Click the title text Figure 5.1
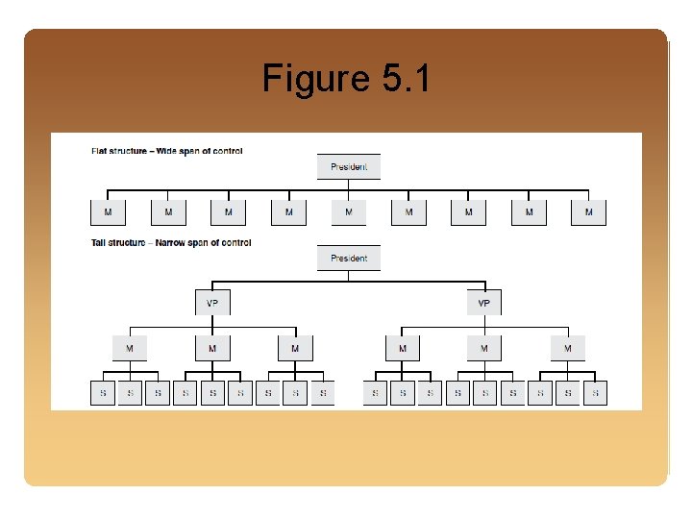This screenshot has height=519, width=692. click(x=346, y=78)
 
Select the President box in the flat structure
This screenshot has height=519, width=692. click(x=349, y=166)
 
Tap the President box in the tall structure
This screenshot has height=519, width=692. click(x=349, y=258)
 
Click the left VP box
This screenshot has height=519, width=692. click(x=212, y=303)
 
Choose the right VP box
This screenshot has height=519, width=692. click(x=483, y=303)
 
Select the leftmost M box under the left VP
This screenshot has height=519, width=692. click(x=130, y=348)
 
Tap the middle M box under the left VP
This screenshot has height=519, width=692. click(x=212, y=348)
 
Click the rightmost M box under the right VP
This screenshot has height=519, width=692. click(x=567, y=348)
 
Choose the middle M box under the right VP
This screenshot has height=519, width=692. click(x=484, y=348)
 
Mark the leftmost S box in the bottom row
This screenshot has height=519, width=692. click(x=103, y=393)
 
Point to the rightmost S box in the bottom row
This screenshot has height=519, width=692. click(x=595, y=393)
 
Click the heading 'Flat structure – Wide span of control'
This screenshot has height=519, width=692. click(x=167, y=151)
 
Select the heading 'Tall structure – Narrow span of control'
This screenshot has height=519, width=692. click(x=171, y=243)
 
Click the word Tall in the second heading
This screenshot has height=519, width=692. click(x=99, y=243)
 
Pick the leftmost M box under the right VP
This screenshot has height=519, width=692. click(x=402, y=348)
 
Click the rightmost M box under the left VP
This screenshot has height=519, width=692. click(x=295, y=348)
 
